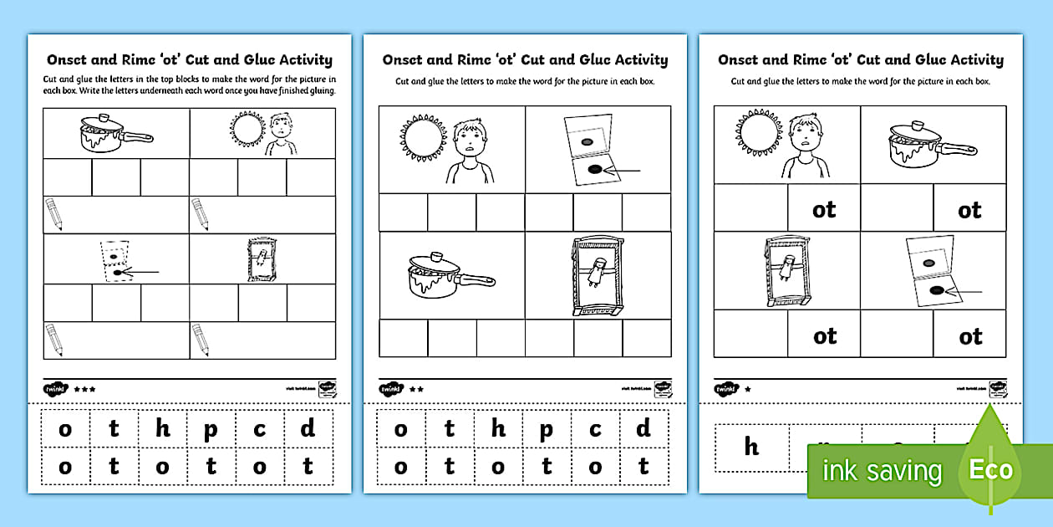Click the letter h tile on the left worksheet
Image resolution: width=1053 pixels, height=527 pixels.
tap(162, 430)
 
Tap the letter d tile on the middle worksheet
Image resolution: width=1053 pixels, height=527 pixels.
tap(643, 430)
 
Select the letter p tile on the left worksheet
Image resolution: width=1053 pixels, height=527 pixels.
tap(211, 430)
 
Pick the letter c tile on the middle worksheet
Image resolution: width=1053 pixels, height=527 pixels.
tap(595, 430)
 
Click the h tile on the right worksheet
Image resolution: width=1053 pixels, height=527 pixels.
tap(751, 447)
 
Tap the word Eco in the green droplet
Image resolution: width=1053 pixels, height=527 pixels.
tap(990, 469)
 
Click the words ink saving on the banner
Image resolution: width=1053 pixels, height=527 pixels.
tap(881, 471)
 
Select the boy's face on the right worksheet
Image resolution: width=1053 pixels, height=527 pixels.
tap(805, 133)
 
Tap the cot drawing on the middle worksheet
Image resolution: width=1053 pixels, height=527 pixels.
tap(597, 274)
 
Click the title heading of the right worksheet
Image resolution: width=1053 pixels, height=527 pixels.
tap(861, 60)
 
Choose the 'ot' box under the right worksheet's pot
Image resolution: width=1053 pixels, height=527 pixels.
tap(969, 210)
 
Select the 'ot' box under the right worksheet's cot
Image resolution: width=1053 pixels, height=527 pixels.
tap(824, 336)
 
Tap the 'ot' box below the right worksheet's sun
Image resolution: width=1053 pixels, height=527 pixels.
tap(824, 210)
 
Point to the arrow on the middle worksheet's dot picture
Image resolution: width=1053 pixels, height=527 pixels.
tap(623, 171)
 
